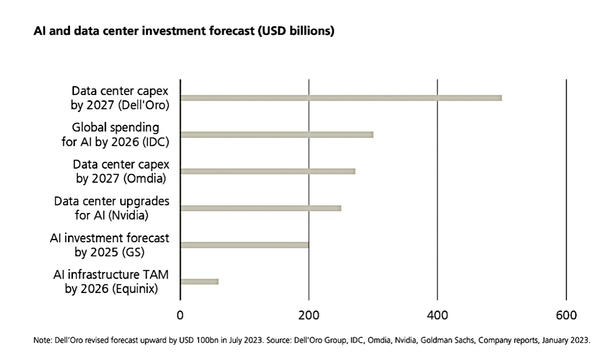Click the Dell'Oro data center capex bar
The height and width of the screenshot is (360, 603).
pyautogui.click(x=341, y=98)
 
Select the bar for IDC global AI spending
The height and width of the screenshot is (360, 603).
pyautogui.click(x=277, y=135)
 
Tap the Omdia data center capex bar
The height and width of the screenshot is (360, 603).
pyautogui.click(x=268, y=171)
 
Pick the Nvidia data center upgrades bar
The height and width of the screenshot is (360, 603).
pyautogui.click(x=261, y=208)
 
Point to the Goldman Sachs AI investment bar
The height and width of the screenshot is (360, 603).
pyautogui.click(x=244, y=245)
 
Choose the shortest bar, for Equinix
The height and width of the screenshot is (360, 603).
pyautogui.click(x=199, y=282)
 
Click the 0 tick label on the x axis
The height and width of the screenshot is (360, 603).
pyautogui.click(x=180, y=315)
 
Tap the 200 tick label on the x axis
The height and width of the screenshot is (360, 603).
pyautogui.click(x=308, y=315)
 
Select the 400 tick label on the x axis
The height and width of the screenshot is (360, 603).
pyautogui.click(x=437, y=315)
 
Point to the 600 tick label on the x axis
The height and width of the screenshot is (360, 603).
pyautogui.click(x=566, y=315)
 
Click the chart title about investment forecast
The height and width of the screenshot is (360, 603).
pyautogui.click(x=184, y=31)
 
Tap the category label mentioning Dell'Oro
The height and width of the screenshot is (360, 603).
pyautogui.click(x=120, y=98)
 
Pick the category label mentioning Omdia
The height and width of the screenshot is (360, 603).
pyautogui.click(x=121, y=171)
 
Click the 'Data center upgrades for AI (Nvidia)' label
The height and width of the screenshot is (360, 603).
pyautogui.click(x=111, y=209)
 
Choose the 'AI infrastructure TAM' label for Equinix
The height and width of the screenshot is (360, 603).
pyautogui.click(x=111, y=282)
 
